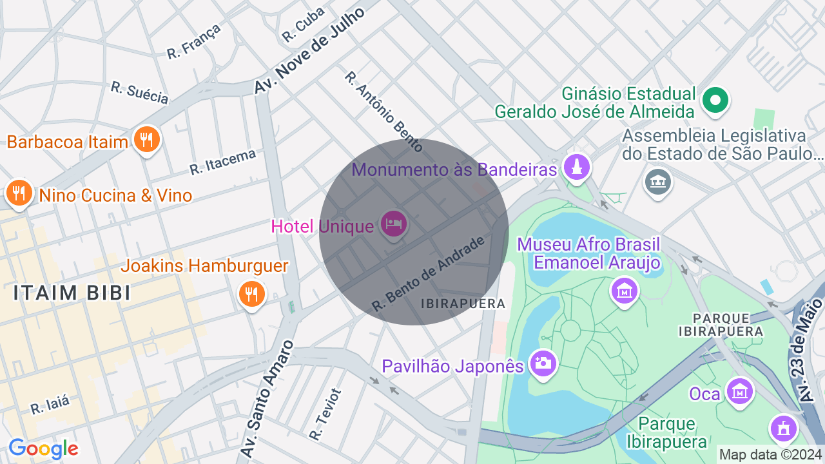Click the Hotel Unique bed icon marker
pos(393,224)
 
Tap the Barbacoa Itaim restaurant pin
pos(147,139)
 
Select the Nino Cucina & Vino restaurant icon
pos(20,193)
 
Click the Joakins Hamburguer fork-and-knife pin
pos(251,294)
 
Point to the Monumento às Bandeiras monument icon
pos(576,168)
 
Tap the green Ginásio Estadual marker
pos(715,100)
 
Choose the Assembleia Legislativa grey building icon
pos(657,182)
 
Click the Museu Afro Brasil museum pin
pos(624,290)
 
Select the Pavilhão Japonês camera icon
pos(542,363)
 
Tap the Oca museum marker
pos(739,391)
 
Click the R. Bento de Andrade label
pos(428,274)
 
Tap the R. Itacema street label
pos(222,161)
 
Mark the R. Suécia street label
pos(140,93)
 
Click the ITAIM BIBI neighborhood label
pos(72,293)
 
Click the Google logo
pos(43,449)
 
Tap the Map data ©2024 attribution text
pos(770,454)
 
